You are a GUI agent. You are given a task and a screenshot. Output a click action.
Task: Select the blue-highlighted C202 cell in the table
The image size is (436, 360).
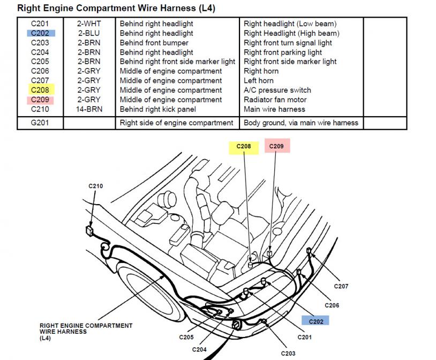[x=40, y=33]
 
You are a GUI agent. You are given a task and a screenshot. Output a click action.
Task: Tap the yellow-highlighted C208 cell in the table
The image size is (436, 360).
[x=40, y=90]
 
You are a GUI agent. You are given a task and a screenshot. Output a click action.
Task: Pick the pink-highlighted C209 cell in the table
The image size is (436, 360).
[x=40, y=100]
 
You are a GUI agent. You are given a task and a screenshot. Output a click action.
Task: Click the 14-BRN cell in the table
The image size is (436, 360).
[x=89, y=109]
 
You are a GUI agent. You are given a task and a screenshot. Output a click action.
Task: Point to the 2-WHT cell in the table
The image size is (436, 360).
[x=89, y=24]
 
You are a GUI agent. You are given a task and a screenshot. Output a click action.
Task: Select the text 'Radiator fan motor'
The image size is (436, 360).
[x=275, y=100]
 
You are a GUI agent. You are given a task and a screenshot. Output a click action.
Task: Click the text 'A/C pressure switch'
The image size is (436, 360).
[x=277, y=90]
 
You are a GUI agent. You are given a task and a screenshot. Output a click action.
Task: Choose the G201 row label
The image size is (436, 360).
[x=40, y=123]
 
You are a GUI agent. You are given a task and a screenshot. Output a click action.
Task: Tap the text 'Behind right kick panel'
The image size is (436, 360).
[x=158, y=109]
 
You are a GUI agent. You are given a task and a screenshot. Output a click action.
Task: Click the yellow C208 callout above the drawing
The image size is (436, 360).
[x=244, y=146]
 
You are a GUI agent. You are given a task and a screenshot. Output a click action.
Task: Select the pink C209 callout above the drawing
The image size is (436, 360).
[x=277, y=146]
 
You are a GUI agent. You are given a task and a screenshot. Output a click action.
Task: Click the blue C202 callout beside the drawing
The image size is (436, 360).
[x=315, y=321]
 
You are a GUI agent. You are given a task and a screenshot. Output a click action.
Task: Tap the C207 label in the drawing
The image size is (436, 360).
[x=341, y=286]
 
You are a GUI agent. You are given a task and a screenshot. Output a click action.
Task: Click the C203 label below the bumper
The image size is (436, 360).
[x=288, y=353]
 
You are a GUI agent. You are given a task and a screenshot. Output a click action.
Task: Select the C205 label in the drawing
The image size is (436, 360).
[x=186, y=337]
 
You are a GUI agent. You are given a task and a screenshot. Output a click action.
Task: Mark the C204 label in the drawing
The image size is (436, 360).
[x=199, y=349]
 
